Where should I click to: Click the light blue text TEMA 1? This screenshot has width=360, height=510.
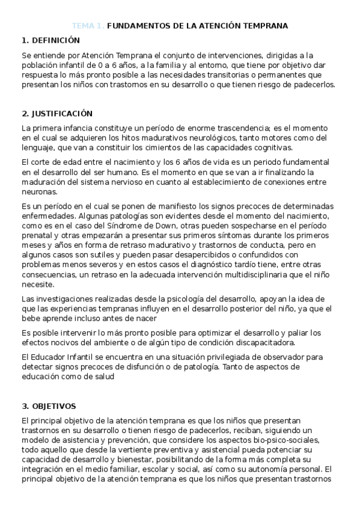88,26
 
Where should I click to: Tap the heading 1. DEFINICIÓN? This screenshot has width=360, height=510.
50,40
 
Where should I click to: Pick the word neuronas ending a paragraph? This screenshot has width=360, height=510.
39,192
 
